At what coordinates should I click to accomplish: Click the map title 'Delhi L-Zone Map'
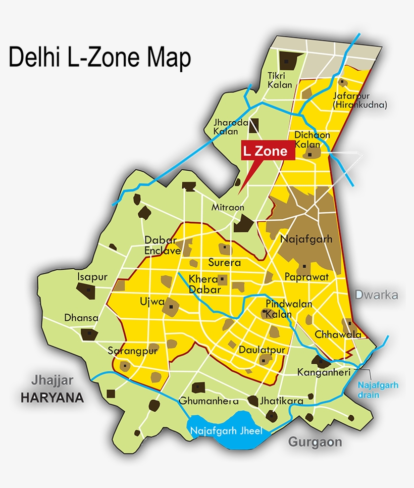coord(100,58)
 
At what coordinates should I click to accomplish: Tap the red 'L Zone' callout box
coord(265,151)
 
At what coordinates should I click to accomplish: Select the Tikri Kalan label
coord(280,80)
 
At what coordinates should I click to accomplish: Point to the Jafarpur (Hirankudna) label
coord(359,100)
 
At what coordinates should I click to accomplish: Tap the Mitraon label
coord(228,207)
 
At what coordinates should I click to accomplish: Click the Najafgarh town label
coord(306,239)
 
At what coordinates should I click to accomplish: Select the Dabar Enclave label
coord(162,245)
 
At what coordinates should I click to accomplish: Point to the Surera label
coord(225,263)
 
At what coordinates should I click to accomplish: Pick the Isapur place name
coord(92,277)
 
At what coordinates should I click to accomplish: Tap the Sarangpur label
coord(133,351)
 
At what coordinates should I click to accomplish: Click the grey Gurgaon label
coord(315,442)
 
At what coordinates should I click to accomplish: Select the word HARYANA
coord(52,398)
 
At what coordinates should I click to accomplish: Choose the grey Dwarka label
coord(377,295)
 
